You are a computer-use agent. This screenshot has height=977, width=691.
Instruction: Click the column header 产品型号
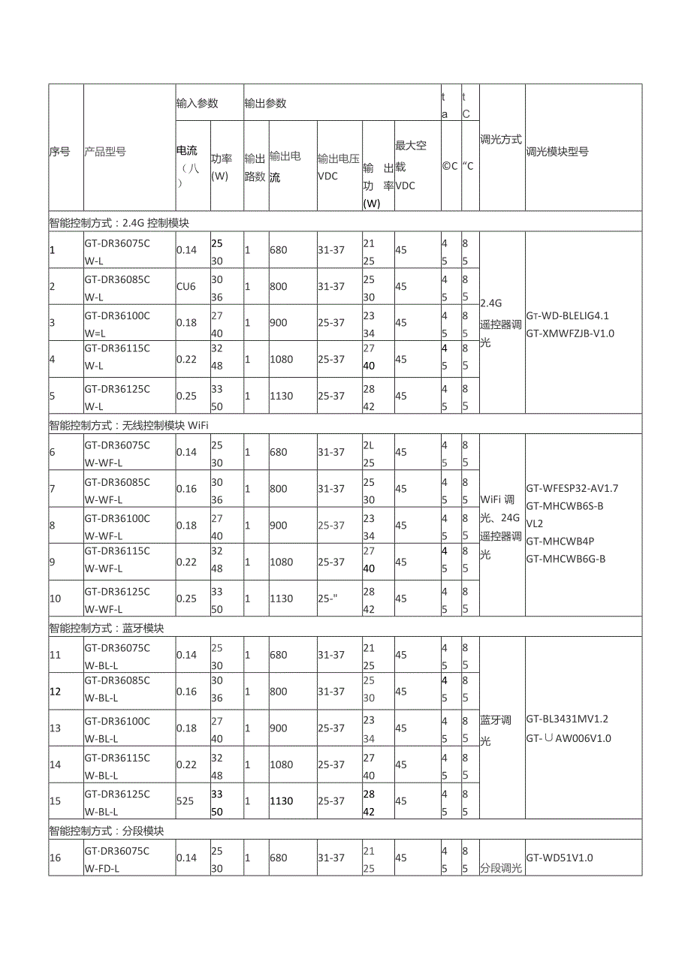tap(105, 152)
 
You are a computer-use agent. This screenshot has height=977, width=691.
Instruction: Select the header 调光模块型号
tap(557, 152)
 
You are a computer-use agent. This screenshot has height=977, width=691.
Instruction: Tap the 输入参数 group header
tap(197, 104)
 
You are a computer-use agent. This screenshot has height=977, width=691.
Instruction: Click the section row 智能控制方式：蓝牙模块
tap(107, 628)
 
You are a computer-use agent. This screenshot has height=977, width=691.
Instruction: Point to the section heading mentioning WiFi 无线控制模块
tap(128, 425)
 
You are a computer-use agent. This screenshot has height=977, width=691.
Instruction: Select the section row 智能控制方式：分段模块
tap(107, 831)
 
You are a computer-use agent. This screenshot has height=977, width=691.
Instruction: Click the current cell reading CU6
tap(186, 286)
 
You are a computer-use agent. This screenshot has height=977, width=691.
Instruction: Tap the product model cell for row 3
tap(117, 323)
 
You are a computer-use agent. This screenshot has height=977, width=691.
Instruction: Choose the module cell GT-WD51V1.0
tap(560, 858)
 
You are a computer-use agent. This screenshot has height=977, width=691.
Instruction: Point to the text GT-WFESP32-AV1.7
tap(572, 488)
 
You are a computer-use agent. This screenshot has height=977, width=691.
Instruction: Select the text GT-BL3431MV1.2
tap(567, 719)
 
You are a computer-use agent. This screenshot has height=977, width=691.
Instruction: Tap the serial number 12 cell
tap(56, 692)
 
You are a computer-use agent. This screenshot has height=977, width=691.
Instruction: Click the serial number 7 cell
tap(53, 489)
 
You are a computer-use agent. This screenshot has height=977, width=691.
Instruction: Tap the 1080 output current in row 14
tap(281, 764)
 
